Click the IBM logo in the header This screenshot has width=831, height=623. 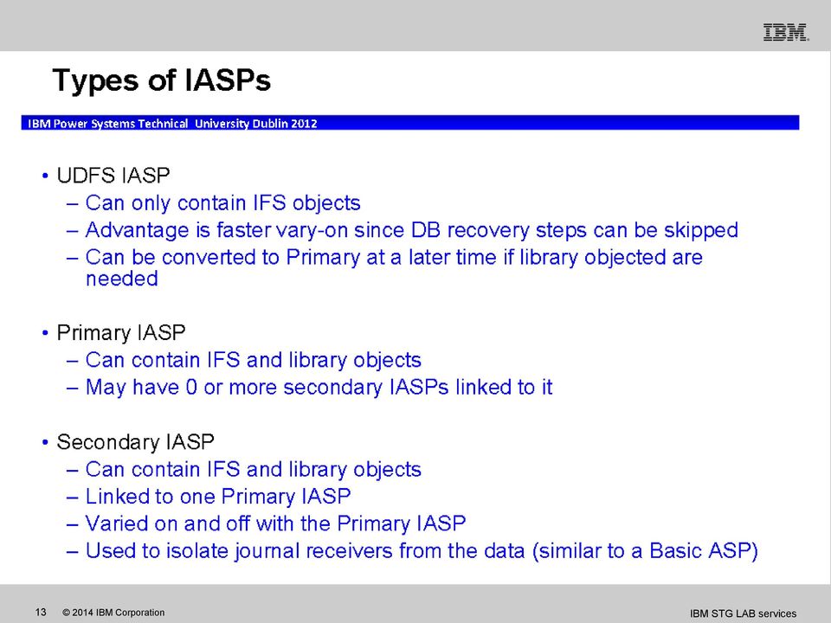tap(786, 32)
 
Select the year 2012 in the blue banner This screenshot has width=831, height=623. tap(304, 124)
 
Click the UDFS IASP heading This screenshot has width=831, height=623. tap(113, 176)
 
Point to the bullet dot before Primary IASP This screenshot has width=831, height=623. tap(45, 333)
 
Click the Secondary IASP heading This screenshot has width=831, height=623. tap(136, 442)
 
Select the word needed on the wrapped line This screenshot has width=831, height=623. tap(122, 279)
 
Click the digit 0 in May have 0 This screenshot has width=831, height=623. tap(191, 388)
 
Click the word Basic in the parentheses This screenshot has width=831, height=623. tap(675, 551)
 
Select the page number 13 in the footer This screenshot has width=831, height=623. tap(41, 613)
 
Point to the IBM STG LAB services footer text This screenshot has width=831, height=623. tap(743, 613)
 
